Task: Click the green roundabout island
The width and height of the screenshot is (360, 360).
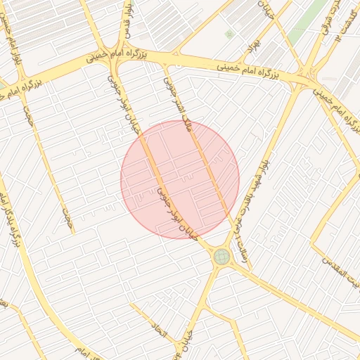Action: [221, 256]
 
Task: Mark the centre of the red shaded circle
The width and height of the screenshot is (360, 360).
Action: [180, 179]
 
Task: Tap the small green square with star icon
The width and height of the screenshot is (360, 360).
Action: [229, 33]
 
